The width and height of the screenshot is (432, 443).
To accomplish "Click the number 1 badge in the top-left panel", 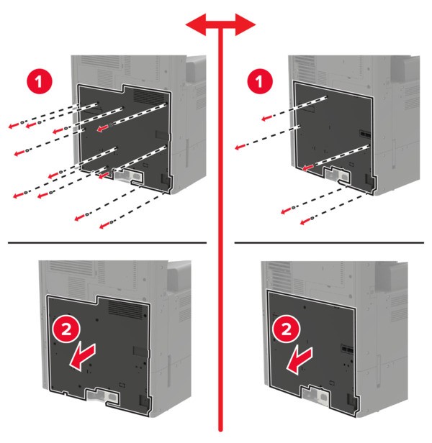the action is pyautogui.click(x=40, y=82).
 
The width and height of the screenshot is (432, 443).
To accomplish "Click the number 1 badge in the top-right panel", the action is pyautogui.click(x=260, y=81).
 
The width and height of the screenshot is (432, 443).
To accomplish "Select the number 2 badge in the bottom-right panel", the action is pyautogui.click(x=287, y=329).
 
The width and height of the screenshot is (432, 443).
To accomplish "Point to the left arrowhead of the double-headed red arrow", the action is pyautogui.click(x=195, y=25).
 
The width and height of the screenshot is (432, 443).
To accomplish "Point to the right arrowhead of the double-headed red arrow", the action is pyautogui.click(x=246, y=25).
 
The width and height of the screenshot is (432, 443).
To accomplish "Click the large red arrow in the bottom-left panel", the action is pyautogui.click(x=82, y=356).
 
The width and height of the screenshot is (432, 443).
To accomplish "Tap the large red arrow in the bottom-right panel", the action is pyautogui.click(x=300, y=360).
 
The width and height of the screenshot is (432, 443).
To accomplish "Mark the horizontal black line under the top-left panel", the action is pyautogui.click(x=107, y=242).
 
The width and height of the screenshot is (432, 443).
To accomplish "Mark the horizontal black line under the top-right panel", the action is pyautogui.click(x=329, y=242).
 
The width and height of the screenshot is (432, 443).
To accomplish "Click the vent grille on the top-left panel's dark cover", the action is pyautogui.click(x=149, y=96).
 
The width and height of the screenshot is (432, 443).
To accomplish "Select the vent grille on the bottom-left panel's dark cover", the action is pyautogui.click(x=126, y=309).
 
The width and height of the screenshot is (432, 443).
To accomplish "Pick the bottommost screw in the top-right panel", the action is pyautogui.click(x=312, y=218).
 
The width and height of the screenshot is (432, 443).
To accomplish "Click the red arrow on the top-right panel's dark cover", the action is pyautogui.click(x=308, y=168).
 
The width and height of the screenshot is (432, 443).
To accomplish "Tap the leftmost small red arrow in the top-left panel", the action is pyautogui.click(x=14, y=125).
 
